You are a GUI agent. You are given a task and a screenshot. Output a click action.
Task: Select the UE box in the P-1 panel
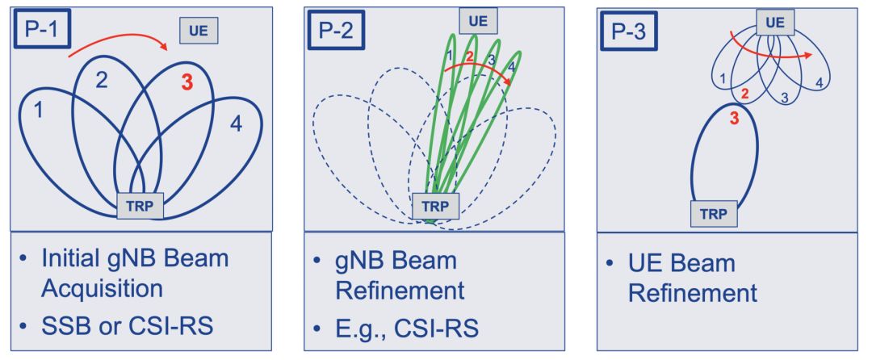point(199,31)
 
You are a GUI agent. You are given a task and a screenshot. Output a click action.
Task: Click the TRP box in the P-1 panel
point(141,205)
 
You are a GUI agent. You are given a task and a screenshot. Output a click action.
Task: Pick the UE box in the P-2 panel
point(478,20)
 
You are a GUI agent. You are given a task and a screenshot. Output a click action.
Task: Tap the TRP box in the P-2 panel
point(436,206)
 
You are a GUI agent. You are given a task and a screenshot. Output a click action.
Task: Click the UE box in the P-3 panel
point(774,22)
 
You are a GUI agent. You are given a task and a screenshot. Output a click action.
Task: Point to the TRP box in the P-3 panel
point(715,214)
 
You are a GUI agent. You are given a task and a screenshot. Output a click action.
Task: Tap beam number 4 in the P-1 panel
point(235,124)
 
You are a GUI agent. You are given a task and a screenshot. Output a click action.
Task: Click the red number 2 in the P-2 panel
point(468,57)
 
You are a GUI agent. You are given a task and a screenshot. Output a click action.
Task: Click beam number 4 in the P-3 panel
point(819,82)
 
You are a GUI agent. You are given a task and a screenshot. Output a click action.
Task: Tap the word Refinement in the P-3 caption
point(693,291)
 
